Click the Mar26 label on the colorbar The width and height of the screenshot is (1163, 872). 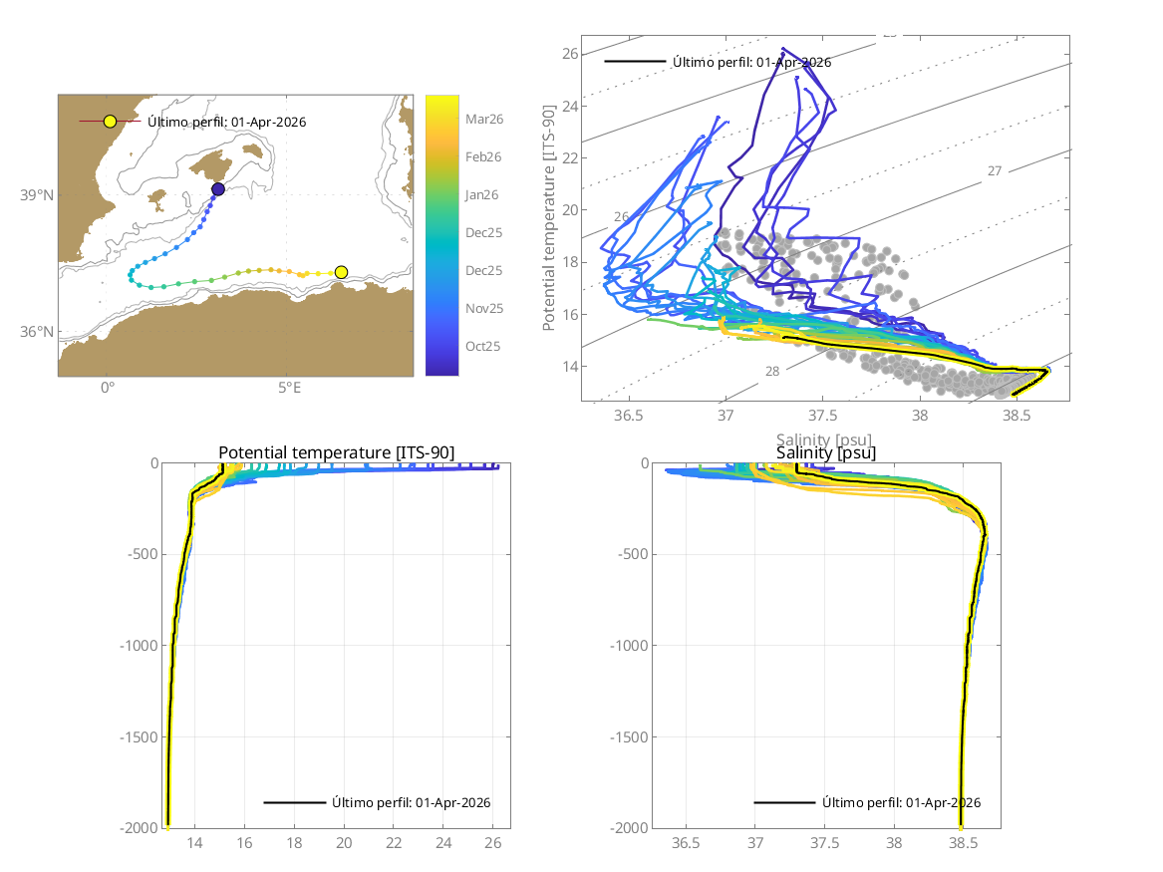point(484,119)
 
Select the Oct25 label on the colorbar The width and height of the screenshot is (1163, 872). point(483,346)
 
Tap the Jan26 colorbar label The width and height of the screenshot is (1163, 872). point(483,194)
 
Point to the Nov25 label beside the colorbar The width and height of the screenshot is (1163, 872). point(484,308)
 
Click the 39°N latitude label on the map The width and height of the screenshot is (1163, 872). point(37,195)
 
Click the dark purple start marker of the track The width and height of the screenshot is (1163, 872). point(218,189)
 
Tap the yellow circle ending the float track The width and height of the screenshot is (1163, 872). point(341,272)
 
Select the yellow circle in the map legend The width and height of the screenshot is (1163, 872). point(110,122)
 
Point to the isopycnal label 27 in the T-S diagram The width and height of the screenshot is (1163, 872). point(994,171)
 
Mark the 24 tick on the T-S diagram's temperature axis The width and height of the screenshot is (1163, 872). point(569,106)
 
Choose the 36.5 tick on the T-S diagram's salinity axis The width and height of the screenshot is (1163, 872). point(629,415)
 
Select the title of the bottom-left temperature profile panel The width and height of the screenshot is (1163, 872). point(336,453)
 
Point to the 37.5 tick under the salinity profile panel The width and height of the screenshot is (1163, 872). point(825,843)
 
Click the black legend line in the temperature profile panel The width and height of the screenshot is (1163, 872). point(294,802)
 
